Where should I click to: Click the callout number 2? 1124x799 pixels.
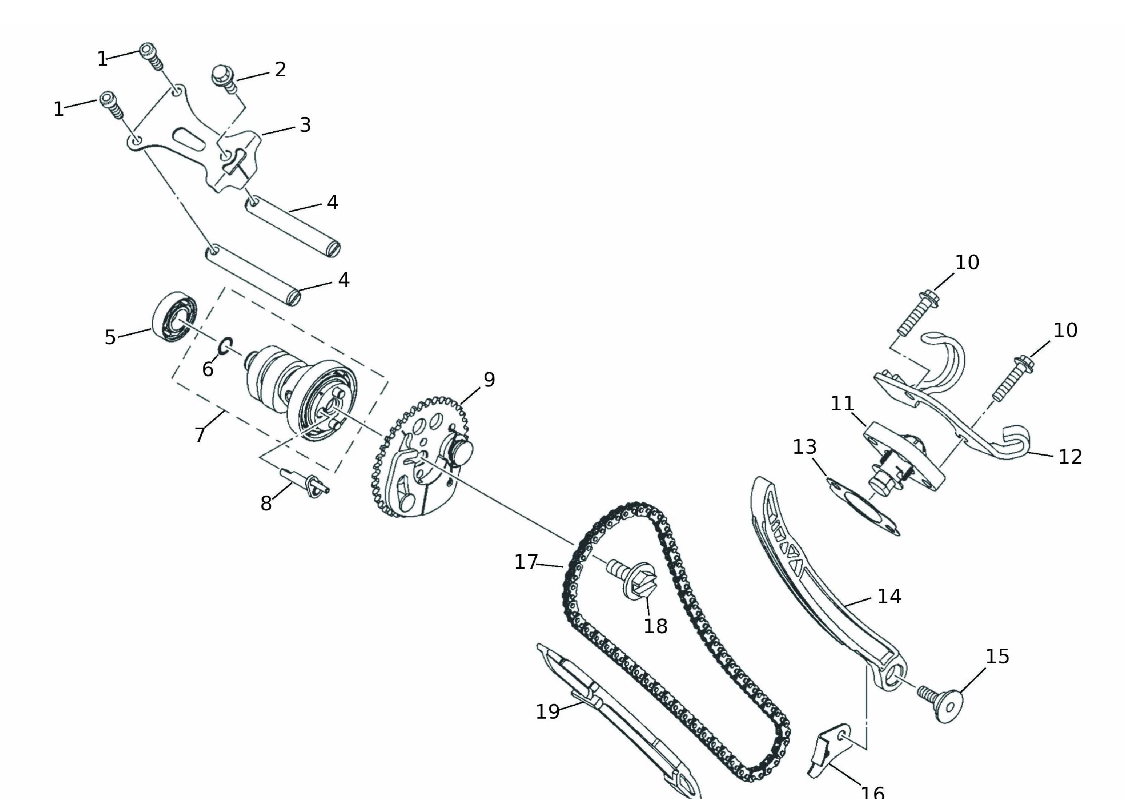(x=280, y=69)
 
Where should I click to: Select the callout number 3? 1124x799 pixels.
(x=305, y=125)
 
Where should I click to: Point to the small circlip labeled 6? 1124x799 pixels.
(x=226, y=346)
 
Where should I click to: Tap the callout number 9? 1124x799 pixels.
(x=489, y=379)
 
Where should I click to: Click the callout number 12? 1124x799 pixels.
(x=1070, y=457)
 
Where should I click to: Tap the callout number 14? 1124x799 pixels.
(x=889, y=596)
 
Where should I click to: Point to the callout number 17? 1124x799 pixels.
(x=526, y=562)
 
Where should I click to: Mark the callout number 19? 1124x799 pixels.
(x=548, y=711)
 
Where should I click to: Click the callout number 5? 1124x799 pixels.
(x=110, y=337)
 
